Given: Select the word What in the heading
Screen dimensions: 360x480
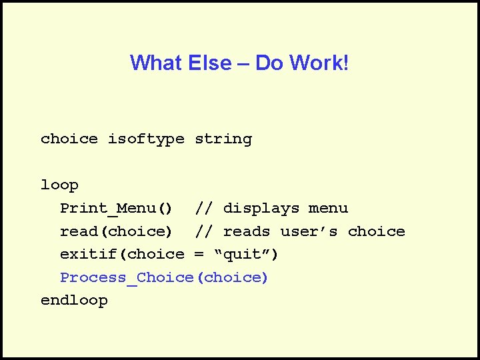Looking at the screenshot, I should tap(154, 63).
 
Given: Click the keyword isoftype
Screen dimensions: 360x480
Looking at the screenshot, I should tap(146, 139).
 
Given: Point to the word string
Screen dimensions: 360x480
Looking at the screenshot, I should tap(223, 139).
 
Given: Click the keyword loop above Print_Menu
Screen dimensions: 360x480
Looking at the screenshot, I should tap(59, 185).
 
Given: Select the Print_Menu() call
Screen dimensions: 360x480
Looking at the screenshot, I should tap(117, 209).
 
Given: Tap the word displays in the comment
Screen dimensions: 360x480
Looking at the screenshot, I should tap(261, 209).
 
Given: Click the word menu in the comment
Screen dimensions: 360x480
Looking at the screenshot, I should tap(328, 209).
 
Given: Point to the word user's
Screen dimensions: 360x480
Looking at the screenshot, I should tap(309, 232).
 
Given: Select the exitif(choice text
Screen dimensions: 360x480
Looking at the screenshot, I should tap(122, 255).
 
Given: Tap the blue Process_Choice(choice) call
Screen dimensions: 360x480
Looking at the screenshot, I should tap(164, 277).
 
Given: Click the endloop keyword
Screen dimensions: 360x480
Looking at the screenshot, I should tap(74, 301).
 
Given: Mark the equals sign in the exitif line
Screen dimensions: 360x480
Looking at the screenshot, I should tap(199, 255).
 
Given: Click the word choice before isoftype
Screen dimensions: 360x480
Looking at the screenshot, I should tap(69, 139).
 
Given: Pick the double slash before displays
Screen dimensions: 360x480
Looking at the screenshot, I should tap(204, 209).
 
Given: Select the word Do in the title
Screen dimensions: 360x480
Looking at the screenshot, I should tap(269, 63).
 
